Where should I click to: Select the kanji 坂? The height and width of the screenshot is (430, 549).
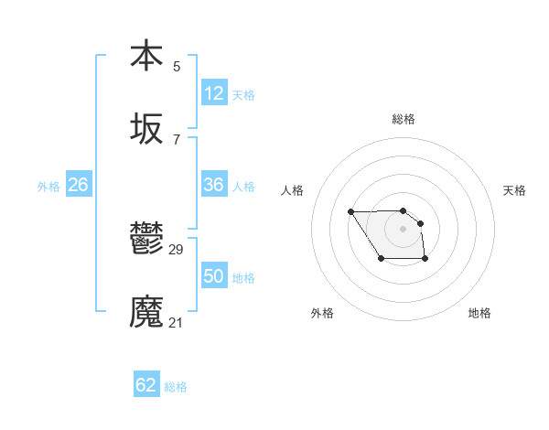pos(146,130)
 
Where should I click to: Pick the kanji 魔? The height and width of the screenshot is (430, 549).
pos(146,312)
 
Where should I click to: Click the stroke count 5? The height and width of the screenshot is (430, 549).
pos(177,66)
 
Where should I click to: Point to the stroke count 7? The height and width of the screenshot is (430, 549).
pos(177,140)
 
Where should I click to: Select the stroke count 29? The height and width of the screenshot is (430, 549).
pos(177,250)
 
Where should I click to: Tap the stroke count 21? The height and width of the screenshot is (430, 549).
pos(177,322)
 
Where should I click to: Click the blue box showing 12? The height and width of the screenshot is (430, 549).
pos(214,93)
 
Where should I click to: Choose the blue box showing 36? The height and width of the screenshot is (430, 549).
pos(214,185)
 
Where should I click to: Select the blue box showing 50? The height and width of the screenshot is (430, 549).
pos(214,276)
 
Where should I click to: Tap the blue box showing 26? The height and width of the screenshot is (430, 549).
pos(78,185)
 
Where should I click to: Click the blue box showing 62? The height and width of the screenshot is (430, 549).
pos(146,385)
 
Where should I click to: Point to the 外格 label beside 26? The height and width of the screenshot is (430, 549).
pos(48,187)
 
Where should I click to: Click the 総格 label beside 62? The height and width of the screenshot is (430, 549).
pos(176,387)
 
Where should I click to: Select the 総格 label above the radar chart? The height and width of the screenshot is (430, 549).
pos(403,119)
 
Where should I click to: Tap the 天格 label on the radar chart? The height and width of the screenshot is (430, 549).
pos(514,190)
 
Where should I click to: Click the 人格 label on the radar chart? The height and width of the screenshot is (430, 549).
pos(293,190)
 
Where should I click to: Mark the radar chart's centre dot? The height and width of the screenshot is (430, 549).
pos(403,228)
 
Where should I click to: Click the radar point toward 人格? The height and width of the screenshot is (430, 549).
pos(351,212)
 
